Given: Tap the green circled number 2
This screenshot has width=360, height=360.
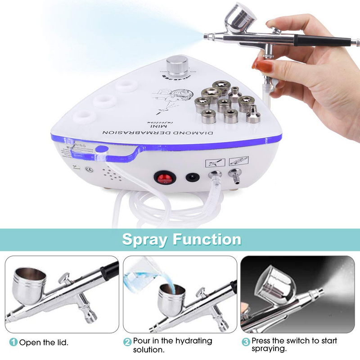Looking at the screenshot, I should pos(127,342).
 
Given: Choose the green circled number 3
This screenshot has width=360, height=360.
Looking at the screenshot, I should pos(246,342).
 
